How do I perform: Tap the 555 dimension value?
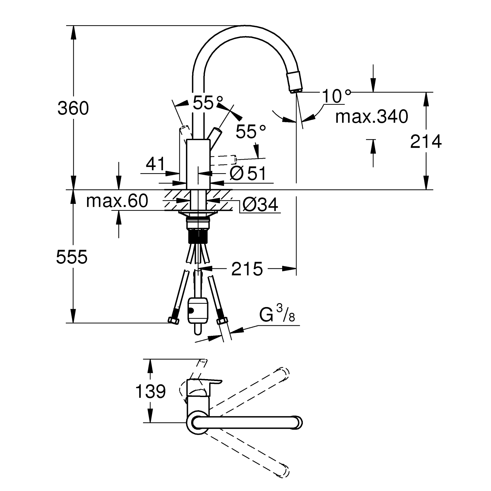tap(72, 257)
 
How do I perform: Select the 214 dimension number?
tap(426, 141)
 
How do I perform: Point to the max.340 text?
tap(372, 116)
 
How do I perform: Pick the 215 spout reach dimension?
tap(247, 269)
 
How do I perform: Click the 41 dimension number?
tap(156, 163)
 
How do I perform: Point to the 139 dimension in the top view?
tap(151, 391)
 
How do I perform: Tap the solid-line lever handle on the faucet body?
tap(214, 135)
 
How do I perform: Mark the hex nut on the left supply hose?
tap(174, 320)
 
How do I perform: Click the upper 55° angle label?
tap(208, 102)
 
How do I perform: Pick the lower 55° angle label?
tap(251, 131)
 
